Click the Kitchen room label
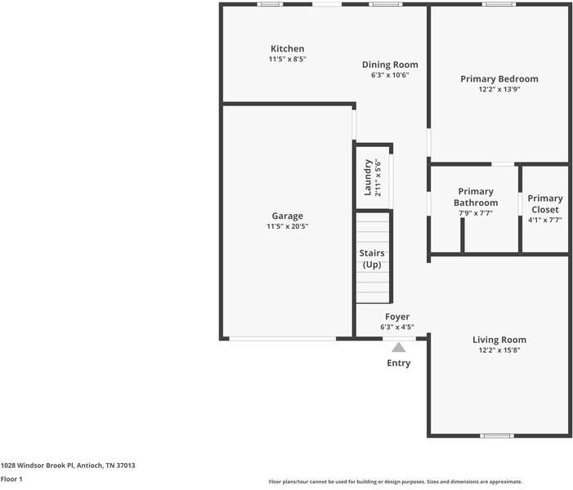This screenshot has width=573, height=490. (288, 49)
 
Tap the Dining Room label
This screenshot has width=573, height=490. (390, 65)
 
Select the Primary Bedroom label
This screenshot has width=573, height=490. (499, 79)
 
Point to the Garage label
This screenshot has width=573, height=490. (288, 216)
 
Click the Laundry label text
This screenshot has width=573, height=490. (369, 177)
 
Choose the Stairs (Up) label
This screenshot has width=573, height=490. (373, 259)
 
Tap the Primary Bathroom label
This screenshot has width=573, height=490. (475, 197)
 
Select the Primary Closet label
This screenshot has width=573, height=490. (544, 203)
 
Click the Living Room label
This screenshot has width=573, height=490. (499, 340)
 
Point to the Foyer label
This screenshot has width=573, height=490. (397, 317)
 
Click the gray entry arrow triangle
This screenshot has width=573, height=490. (398, 347)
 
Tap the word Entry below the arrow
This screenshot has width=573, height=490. (398, 363)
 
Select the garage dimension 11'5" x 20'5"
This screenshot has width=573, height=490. (288, 226)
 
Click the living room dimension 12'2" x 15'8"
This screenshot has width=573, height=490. (499, 350)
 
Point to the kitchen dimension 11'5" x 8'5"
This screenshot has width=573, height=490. (288, 59)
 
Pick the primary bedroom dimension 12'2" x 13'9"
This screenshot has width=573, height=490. (499, 89)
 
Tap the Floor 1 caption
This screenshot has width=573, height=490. (11, 479)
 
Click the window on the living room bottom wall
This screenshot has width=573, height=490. (495, 435)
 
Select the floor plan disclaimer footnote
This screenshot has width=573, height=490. (395, 482)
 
